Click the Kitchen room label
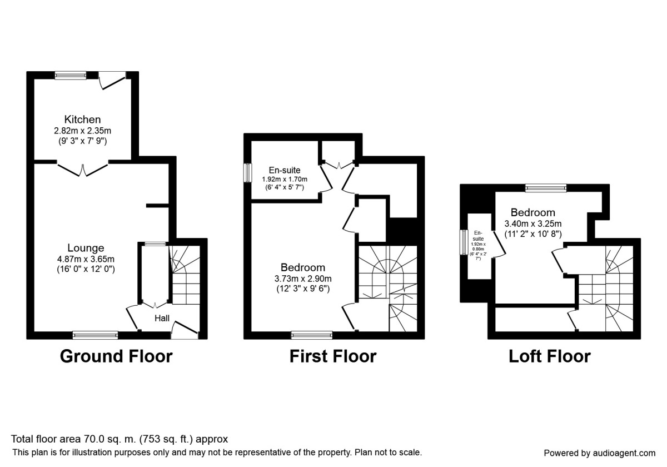tap(82, 120)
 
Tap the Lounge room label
tap(86, 248)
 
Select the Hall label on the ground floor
tap(162, 319)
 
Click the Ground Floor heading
tap(116, 356)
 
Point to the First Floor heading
tap(332, 356)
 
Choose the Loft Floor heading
tap(549, 356)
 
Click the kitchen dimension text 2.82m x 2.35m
tap(82, 131)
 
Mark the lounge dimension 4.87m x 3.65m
tap(86, 259)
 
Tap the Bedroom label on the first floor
tap(303, 267)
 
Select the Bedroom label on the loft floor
tap(532, 212)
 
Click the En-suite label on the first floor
tap(285, 170)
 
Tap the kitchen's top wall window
tap(71, 74)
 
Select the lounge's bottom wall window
tap(95, 335)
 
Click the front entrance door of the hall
tap(185, 332)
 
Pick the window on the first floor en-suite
tap(247, 172)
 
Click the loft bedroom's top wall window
tap(546, 188)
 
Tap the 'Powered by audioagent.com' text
tap(599, 453)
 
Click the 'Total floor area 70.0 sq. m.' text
tap(120, 439)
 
